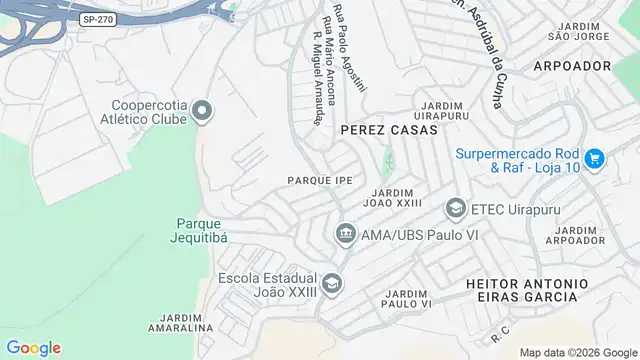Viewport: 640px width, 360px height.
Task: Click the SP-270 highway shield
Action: click(97, 19)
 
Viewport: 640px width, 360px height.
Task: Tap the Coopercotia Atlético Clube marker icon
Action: click(203, 110)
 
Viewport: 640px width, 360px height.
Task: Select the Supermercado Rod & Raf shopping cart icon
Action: click(594, 158)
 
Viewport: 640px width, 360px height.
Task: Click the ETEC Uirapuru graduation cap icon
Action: click(455, 208)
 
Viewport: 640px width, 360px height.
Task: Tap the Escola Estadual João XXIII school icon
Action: click(331, 282)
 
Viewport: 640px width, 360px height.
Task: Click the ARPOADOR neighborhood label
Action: click(572, 65)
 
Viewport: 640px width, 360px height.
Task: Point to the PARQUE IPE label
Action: click(320, 180)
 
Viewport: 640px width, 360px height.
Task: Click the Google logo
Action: click(33, 347)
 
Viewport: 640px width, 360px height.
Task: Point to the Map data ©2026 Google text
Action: click(577, 352)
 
